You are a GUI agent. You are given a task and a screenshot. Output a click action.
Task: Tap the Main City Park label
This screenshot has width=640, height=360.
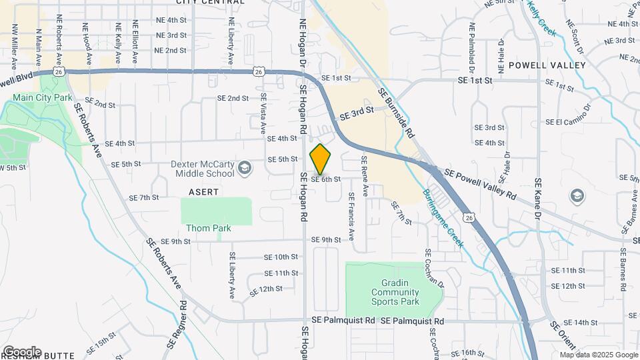pyautogui.click(x=42, y=97)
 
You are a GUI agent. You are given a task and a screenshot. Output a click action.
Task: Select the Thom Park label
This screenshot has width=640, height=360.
pyautogui.click(x=208, y=228)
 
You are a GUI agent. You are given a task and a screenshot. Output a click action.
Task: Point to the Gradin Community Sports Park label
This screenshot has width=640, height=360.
pyautogui.click(x=395, y=292)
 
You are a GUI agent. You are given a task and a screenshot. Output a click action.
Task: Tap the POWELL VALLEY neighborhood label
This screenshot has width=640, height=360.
pyautogui.click(x=547, y=65)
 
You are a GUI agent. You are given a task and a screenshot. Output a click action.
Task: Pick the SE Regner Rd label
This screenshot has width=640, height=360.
pyautogui.click(x=183, y=327)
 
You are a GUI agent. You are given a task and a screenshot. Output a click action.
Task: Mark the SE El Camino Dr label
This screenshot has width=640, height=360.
pyautogui.click(x=568, y=117)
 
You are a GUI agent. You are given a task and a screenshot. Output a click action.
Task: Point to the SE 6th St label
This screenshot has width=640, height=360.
pyautogui.click(x=326, y=179)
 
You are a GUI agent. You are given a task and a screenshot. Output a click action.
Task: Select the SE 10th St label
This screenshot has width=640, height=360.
pyautogui.click(x=281, y=257)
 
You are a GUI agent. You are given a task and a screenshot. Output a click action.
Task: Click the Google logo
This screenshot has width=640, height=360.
pyautogui.click(x=21, y=351)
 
